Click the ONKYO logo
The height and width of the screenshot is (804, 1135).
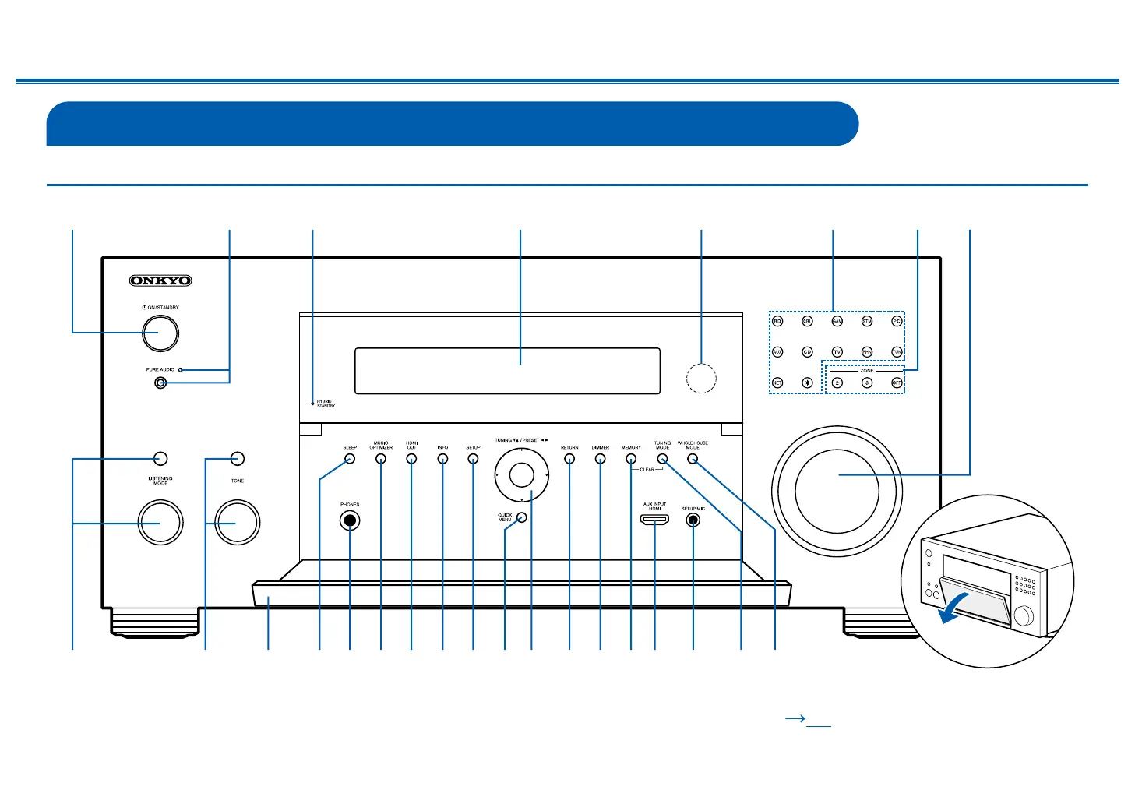(160, 280)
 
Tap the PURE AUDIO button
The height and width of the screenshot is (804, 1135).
(160, 383)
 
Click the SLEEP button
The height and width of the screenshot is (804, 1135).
(350, 459)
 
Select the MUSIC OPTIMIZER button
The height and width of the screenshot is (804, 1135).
(381, 459)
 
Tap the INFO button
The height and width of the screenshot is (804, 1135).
(442, 459)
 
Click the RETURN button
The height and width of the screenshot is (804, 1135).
(569, 459)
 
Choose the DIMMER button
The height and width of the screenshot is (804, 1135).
(600, 459)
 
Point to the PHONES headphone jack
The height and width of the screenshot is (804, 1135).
(350, 521)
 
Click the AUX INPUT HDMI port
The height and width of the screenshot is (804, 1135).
(654, 520)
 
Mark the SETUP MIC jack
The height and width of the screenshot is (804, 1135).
(693, 520)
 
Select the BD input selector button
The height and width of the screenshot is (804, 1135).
(777, 321)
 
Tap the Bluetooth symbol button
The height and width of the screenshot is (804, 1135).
(807, 383)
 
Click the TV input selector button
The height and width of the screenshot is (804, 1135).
(837, 352)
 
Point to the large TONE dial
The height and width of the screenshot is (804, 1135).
(237, 522)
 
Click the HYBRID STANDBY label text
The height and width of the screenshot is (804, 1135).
(326, 404)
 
